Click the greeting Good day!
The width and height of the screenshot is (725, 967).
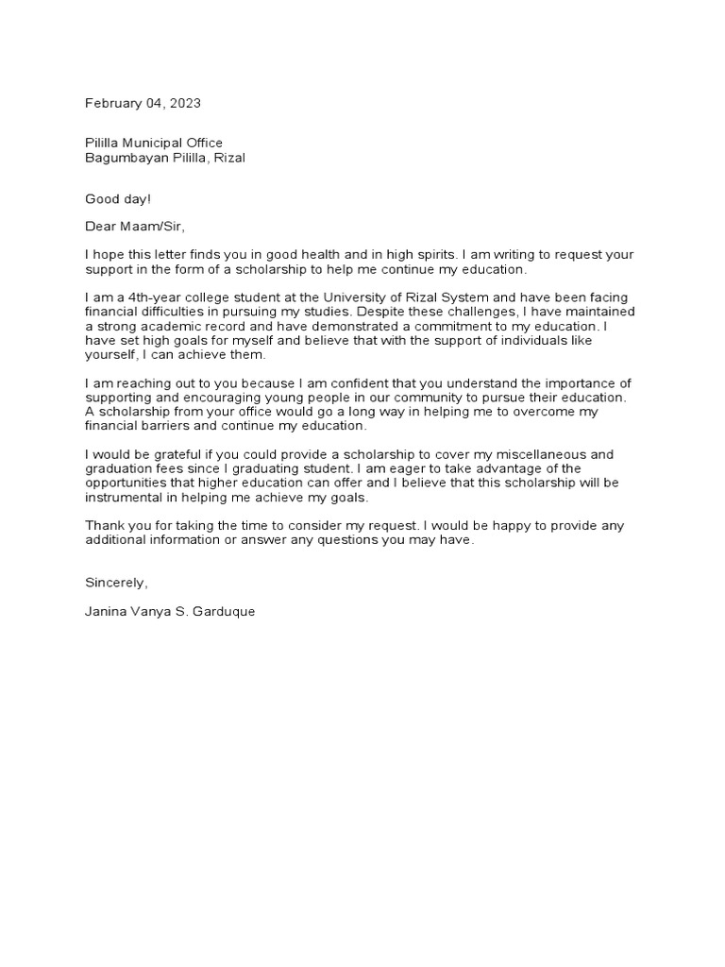pos(117,199)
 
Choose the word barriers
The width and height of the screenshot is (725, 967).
pos(172,426)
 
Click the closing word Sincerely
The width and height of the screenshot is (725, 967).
pos(115,583)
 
